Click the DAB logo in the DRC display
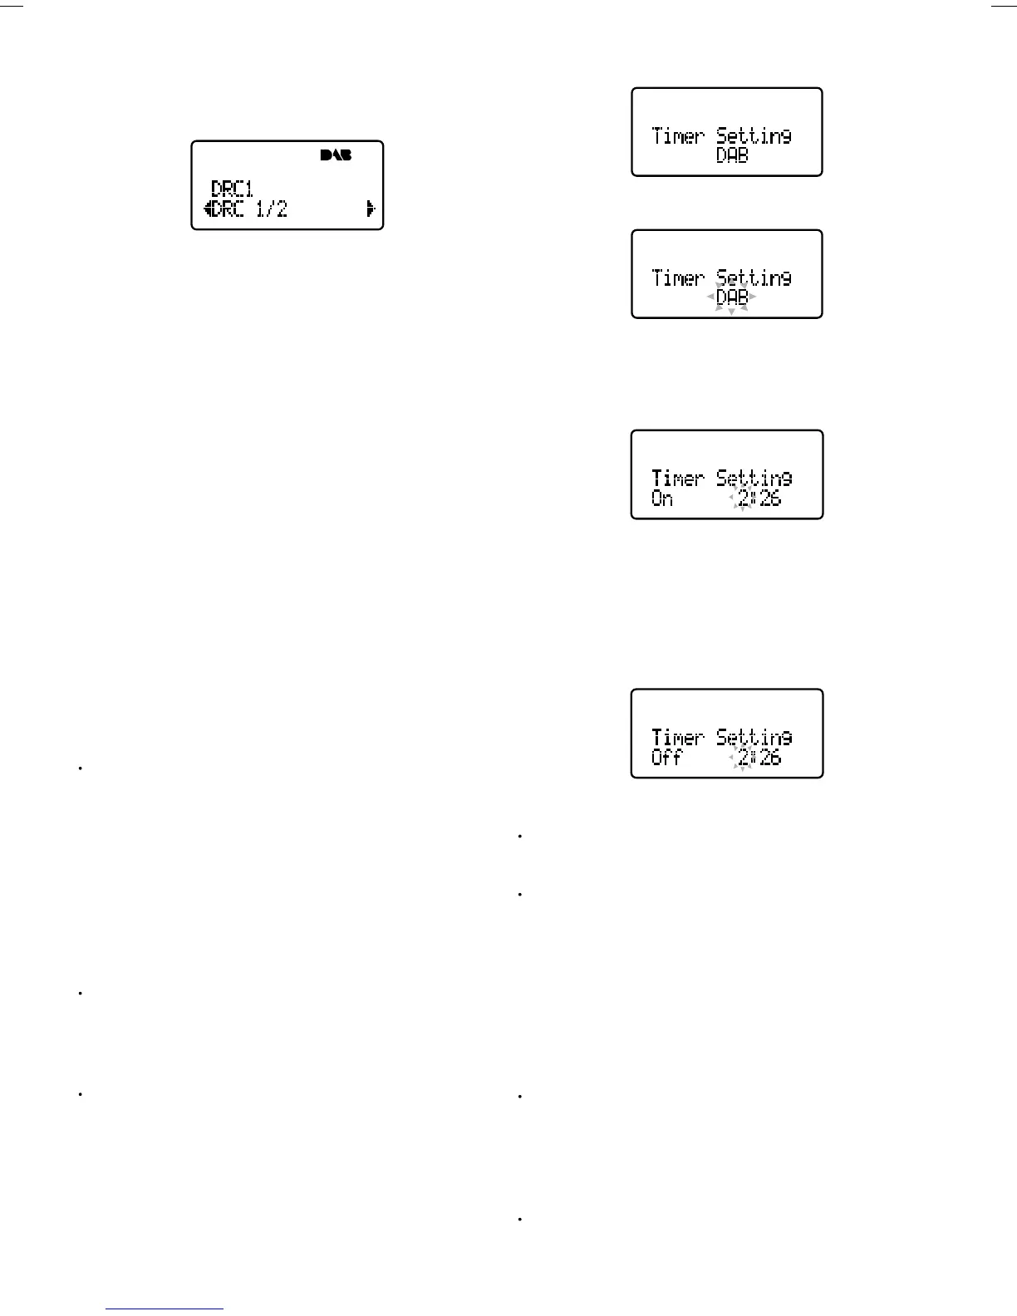click(336, 155)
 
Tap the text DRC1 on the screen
click(232, 189)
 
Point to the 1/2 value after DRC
click(272, 209)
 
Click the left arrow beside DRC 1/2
click(207, 209)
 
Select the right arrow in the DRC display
click(371, 209)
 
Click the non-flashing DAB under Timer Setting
click(732, 155)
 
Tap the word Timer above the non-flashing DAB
click(678, 135)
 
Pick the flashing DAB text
click(732, 297)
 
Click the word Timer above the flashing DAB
click(678, 277)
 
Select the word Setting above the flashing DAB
click(754, 277)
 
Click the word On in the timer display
click(662, 498)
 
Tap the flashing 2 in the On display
click(743, 498)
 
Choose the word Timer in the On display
click(678, 478)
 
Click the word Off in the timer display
click(666, 758)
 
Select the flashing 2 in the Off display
click(743, 758)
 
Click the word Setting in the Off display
click(754, 737)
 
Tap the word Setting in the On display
click(754, 478)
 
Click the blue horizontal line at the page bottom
click(165, 1309)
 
